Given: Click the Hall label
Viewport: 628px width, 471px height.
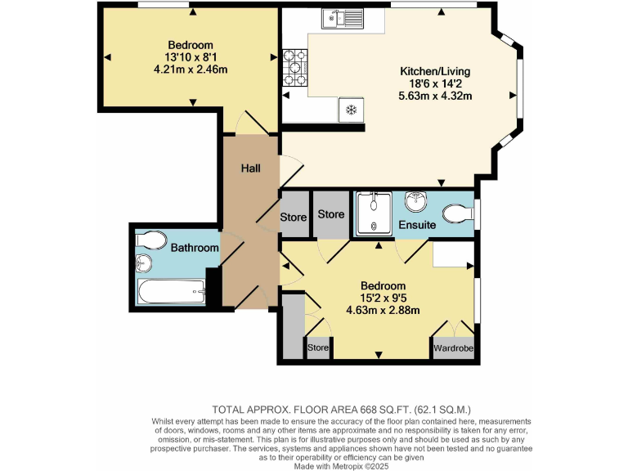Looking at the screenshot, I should tap(250, 168).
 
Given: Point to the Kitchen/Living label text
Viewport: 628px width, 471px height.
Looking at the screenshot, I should tap(434, 72).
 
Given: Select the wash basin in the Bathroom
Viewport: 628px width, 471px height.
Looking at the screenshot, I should tap(143, 263).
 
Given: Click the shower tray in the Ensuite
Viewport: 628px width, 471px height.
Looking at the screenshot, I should tap(374, 213).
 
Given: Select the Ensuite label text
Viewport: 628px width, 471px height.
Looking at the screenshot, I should tap(417, 224).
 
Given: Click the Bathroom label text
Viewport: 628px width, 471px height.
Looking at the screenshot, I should tap(195, 248).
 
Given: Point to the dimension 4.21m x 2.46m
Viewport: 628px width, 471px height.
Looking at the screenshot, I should tap(191, 70).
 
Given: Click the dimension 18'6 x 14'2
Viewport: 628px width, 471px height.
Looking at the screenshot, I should tap(434, 83).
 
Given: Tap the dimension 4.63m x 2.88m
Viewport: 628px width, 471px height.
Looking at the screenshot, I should tap(383, 310).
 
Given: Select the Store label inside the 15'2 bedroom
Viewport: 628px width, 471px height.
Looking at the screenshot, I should tap(317, 348).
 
